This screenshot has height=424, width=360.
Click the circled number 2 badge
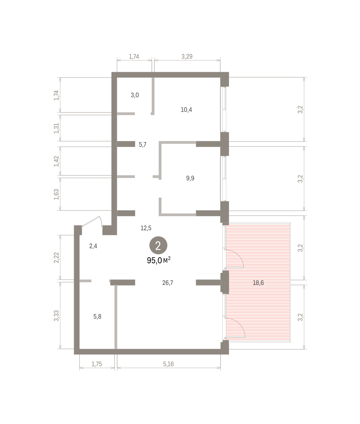[158, 245]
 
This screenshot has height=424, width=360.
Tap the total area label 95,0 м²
[158, 260]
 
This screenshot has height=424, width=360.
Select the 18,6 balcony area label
[258, 283]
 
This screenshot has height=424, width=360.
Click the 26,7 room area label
[168, 283]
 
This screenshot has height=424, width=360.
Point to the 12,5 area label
[146, 228]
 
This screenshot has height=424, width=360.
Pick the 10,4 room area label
[186, 110]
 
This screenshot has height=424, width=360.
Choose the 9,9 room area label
[190, 178]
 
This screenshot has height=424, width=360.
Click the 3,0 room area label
[135, 95]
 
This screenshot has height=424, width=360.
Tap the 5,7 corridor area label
[143, 145]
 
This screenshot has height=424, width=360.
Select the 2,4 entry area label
[93, 246]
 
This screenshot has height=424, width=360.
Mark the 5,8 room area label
[97, 317]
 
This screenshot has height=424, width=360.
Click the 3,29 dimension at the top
[187, 57]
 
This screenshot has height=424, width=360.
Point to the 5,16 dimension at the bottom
[168, 364]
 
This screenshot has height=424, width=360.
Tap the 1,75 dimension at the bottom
[96, 364]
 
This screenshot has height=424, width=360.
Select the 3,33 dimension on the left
[56, 316]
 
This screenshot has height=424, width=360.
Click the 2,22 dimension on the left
[56, 258]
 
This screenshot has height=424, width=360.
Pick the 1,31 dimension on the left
[56, 128]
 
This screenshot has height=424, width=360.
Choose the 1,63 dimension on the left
[56, 194]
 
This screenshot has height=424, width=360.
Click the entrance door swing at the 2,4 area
[92, 222]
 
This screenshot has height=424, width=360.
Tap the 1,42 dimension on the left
[56, 161]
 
